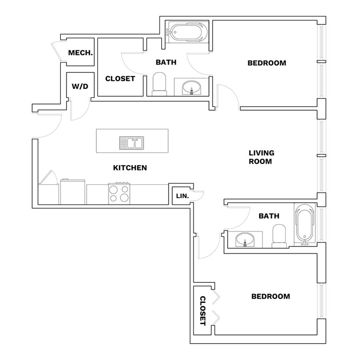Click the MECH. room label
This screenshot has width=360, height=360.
tap(80, 53)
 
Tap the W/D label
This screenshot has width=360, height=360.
tap(80, 86)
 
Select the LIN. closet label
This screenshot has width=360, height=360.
tap(182, 196)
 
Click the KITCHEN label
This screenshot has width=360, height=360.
tap(130, 168)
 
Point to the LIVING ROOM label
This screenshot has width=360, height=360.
tap(262, 157)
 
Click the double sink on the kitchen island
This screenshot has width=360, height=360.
tap(132, 143)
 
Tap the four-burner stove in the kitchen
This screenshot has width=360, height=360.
tap(119, 194)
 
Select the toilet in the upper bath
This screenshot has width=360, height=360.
tap(159, 84)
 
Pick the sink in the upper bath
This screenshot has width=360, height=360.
tap(191, 88)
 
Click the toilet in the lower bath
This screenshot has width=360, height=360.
tap(279, 236)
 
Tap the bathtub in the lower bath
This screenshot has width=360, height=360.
tap(305, 224)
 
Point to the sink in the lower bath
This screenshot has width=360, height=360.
tap(245, 240)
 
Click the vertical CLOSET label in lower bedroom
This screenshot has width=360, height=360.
tap(203, 311)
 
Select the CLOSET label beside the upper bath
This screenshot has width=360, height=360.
tap(120, 79)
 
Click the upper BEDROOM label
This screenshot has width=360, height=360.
tap(267, 63)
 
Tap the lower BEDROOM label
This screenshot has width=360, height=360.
tap(271, 296)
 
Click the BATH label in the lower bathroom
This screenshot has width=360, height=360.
tap(269, 216)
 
